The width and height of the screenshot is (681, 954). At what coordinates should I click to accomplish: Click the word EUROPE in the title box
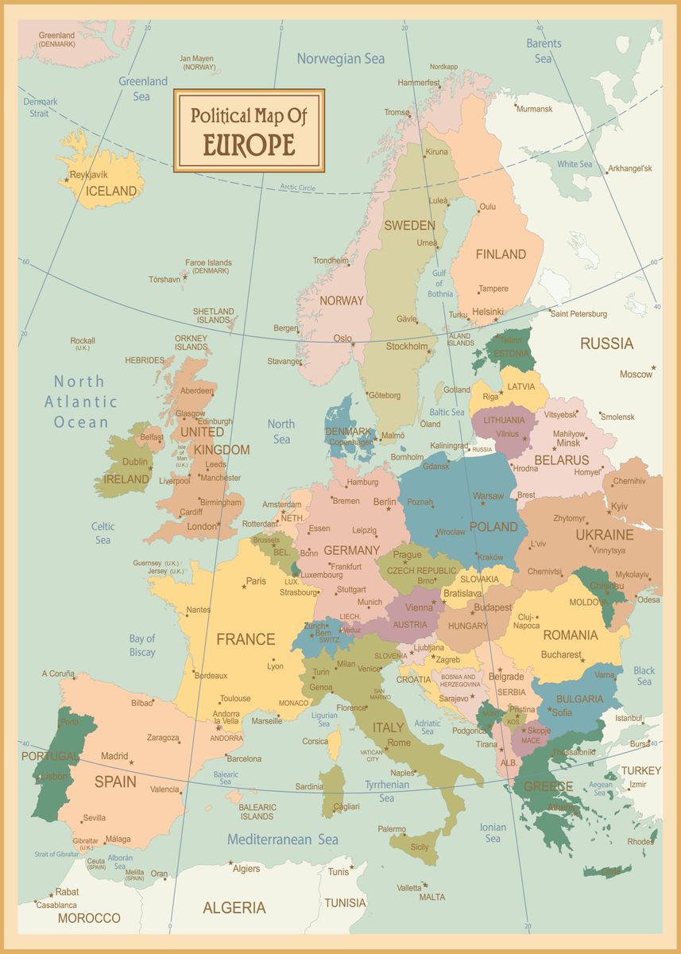coord(249,145)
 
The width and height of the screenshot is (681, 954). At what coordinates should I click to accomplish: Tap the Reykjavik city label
coord(88,174)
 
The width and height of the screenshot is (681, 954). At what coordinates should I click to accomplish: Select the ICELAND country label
coord(111,191)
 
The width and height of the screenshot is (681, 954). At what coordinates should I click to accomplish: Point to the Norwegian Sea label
coord(340,58)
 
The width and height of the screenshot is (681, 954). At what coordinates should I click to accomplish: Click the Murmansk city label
coord(534,109)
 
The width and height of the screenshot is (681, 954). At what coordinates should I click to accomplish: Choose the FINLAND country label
coord(501,254)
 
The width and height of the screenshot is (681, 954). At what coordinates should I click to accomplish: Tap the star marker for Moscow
coord(653,367)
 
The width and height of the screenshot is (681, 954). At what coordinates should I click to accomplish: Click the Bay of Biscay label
coord(142,646)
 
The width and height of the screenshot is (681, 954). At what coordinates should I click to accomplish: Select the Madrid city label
coord(114,756)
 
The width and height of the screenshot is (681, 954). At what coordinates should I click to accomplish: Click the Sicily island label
coord(420,847)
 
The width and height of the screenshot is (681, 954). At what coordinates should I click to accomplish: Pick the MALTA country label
coord(432,897)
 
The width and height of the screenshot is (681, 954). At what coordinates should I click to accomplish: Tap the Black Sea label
coord(644,676)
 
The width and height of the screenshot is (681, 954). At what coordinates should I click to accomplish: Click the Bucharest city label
coord(563,655)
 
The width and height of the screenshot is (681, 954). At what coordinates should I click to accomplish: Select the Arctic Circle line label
coord(297,187)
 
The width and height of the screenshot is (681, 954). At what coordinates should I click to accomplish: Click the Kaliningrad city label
coord(449,446)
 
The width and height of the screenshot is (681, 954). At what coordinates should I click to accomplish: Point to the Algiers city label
coord(246,868)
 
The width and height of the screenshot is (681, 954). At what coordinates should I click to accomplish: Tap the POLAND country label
coord(493,526)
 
